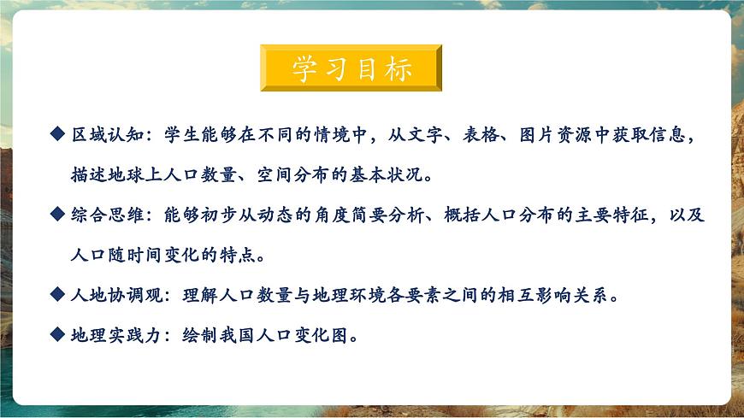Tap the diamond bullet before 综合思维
[x=57, y=215]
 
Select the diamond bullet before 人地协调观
[x=57, y=295]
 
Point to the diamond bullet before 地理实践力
[x=57, y=335]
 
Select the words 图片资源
[x=567, y=135]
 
